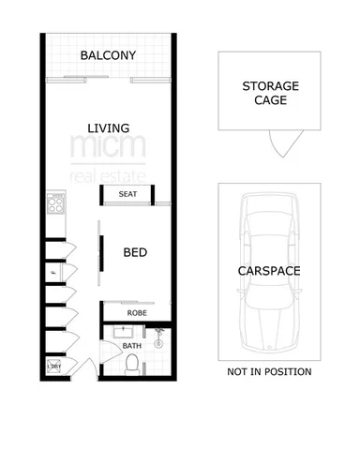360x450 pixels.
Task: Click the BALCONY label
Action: pos(108,56)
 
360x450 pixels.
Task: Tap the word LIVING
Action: pos(108,127)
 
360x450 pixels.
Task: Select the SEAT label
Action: pos(128,194)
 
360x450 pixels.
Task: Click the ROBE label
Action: pos(136,313)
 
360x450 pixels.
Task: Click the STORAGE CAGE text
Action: pos(271,94)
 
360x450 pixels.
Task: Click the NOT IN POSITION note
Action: pos(269,372)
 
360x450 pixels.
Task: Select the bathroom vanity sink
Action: pos(124,332)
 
